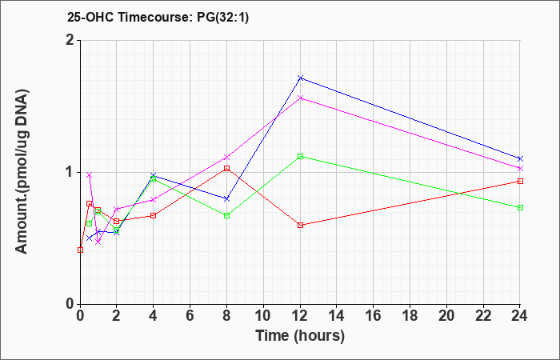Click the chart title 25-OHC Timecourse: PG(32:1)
pos(158,17)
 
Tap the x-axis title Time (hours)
pos(300,336)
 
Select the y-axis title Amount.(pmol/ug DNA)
pos(22,172)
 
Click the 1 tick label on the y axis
pos(70,172)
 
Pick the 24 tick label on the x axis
pos(520,315)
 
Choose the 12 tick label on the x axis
pos(300,315)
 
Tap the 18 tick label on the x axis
pos(410,315)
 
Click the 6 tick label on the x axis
pos(190,315)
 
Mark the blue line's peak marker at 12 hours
pos(300,78)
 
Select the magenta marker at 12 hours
pos(300,98)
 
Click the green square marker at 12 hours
pos(300,156)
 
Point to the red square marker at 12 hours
pos(300,225)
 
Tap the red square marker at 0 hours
pos(80,250)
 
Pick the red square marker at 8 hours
pos(226,168)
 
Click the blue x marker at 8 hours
pos(226,198)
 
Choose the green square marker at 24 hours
pos(520,207)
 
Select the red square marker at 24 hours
pos(520,181)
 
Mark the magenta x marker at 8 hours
pos(226,157)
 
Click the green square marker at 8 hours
pos(226,216)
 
